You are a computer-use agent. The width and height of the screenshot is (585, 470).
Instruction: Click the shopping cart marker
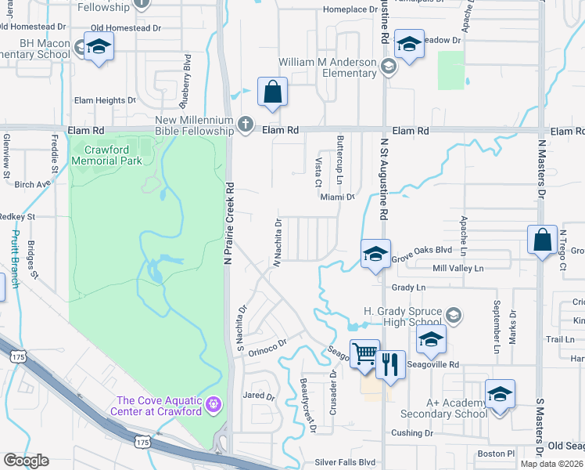pyautogui.click(x=364, y=354)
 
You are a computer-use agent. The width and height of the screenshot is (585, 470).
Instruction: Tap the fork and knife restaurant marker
pyautogui.click(x=390, y=364)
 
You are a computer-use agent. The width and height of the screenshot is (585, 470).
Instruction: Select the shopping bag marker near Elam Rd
pyautogui.click(x=272, y=92)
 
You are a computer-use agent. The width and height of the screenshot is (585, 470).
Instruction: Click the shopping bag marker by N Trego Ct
pyautogui.click(x=542, y=240)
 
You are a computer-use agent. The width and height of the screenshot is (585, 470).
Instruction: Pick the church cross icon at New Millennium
pyautogui.click(x=246, y=124)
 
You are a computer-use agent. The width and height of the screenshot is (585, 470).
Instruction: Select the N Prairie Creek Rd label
pyautogui.click(x=230, y=223)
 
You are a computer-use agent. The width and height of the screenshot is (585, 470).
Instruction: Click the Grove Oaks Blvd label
pyautogui.click(x=422, y=251)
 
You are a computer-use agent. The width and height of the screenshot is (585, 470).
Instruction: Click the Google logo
pyautogui.click(x=26, y=461)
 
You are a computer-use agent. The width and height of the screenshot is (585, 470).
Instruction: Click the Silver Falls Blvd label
pyautogui.click(x=345, y=462)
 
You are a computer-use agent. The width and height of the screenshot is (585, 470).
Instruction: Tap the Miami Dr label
pyautogui.click(x=338, y=197)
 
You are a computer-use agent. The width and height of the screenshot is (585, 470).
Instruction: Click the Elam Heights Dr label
pyautogui.click(x=105, y=100)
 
